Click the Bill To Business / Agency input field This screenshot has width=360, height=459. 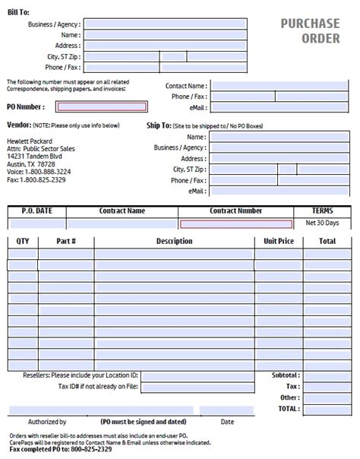(165, 24)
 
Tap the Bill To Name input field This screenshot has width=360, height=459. (165, 34)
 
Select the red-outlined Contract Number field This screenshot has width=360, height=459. (235, 224)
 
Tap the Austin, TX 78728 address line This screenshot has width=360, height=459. (31, 164)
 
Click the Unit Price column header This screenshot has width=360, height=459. (278, 242)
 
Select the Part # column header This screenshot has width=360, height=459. (66, 242)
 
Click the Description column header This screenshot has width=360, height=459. (174, 242)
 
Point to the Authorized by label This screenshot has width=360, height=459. (47, 421)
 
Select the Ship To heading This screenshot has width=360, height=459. (159, 125)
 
